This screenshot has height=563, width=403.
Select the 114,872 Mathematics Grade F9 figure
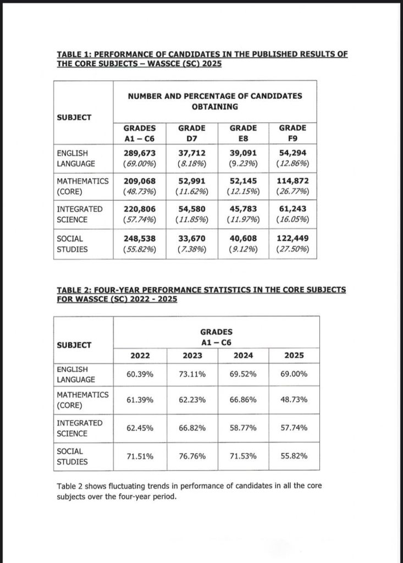pyautogui.click(x=293, y=181)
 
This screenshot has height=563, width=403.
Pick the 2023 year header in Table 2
pyautogui.click(x=192, y=356)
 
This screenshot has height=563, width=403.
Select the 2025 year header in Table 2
pyautogui.click(x=294, y=356)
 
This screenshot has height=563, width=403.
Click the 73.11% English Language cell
pyautogui.click(x=192, y=374)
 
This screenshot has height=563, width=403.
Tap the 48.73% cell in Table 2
pyautogui.click(x=294, y=400)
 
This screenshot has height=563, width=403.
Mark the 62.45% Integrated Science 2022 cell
pyautogui.click(x=140, y=428)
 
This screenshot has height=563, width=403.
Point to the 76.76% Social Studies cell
pyautogui.click(x=192, y=456)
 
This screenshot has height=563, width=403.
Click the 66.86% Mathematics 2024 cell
pyautogui.click(x=243, y=400)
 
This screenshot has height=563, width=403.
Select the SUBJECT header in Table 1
pyautogui.click(x=74, y=117)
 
